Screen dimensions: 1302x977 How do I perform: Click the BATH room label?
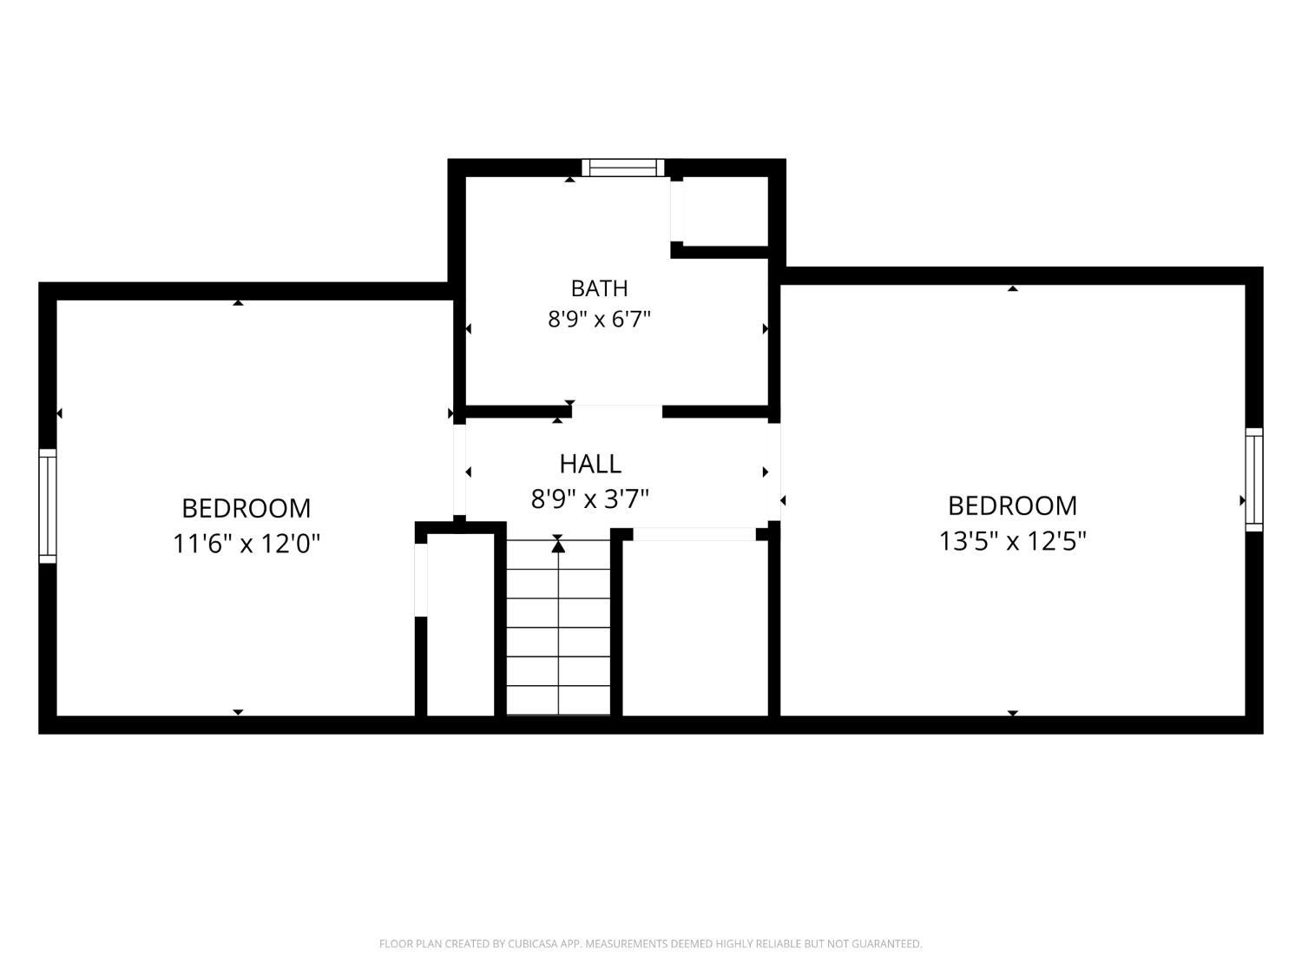599,288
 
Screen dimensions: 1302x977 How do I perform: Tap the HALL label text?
590,464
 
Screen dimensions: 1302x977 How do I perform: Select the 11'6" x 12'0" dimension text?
247,544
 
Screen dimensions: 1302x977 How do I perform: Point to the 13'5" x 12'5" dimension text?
1012,541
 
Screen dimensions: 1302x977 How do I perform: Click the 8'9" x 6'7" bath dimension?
599,320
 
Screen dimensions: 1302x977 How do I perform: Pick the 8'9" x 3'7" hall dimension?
589,498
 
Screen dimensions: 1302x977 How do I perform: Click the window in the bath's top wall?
623,168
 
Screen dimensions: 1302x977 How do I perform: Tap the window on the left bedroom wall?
48,506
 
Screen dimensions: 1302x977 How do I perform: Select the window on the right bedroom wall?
1253,479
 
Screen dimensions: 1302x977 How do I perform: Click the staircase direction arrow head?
558,546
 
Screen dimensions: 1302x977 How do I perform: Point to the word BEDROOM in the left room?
247,508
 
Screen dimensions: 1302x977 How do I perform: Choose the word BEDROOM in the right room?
1012,506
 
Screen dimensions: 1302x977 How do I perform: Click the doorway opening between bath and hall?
617,412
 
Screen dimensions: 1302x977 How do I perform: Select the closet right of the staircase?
694,628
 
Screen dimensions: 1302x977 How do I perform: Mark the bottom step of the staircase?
558,701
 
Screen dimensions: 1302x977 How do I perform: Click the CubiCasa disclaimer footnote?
651,944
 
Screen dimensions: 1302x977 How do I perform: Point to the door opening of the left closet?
421,580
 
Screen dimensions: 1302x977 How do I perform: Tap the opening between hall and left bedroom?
459,470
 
